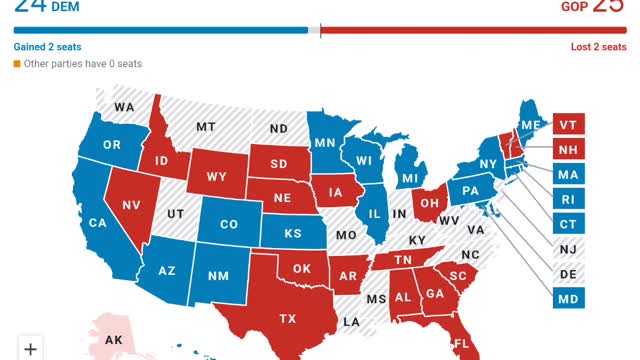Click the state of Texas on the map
click(x=287, y=318)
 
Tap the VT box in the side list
click(x=568, y=125)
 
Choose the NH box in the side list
click(x=568, y=150)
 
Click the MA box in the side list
click(x=568, y=175)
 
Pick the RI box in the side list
click(x=568, y=199)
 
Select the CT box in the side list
click(x=568, y=224)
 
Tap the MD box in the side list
click(x=568, y=298)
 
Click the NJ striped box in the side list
click(x=568, y=249)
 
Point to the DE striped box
click(x=568, y=273)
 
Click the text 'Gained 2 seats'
click(x=47, y=47)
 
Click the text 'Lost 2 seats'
click(x=597, y=47)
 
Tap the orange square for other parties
click(x=17, y=64)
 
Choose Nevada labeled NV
click(x=131, y=204)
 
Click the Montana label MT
click(x=206, y=127)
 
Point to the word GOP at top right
click(x=573, y=7)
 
